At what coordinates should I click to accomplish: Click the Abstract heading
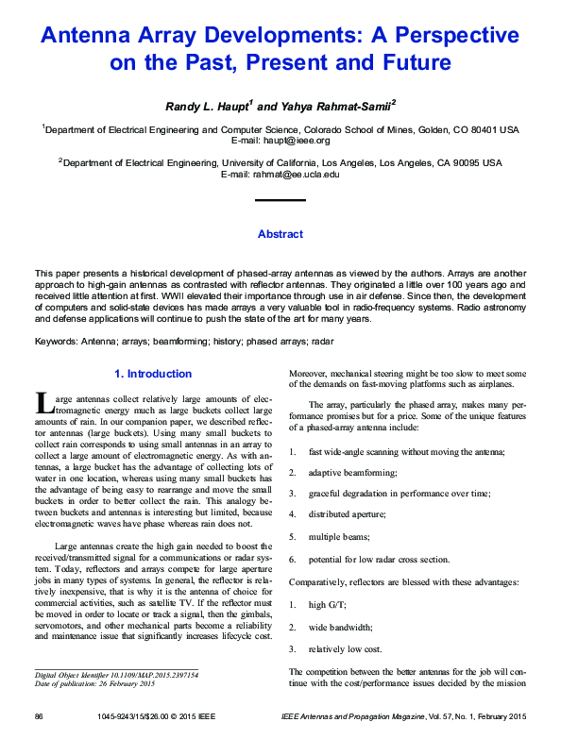pos(280,234)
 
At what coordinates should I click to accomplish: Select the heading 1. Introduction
pos(152,374)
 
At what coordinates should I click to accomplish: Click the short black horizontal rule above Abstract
pos(280,201)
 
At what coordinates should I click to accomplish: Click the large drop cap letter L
pos(43,404)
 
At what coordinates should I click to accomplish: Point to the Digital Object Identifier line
pos(116,675)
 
